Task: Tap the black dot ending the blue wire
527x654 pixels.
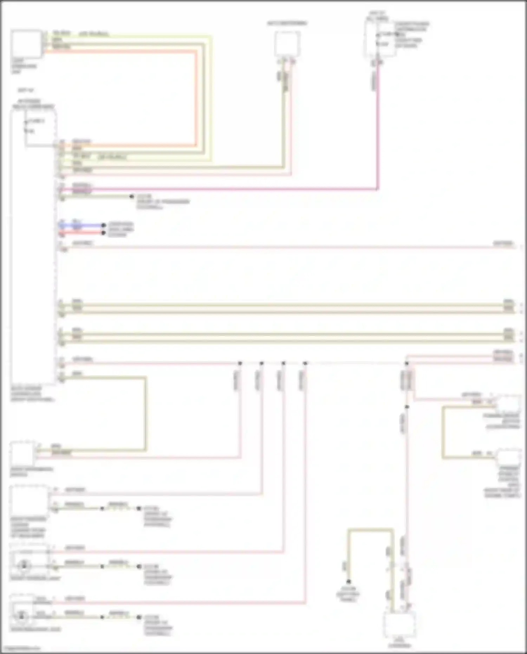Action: click(103, 225)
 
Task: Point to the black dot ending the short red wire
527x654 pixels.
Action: click(103, 233)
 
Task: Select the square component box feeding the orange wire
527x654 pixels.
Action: click(26, 44)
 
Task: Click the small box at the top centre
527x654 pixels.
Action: click(287, 44)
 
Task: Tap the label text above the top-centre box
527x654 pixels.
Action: click(287, 24)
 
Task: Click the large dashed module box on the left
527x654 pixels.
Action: click(33, 246)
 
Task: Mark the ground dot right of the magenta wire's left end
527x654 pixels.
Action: click(131, 196)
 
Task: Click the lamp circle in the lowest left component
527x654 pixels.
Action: click(22, 616)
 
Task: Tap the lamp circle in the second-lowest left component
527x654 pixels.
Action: click(24, 565)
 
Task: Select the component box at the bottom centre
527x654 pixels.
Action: click(400, 625)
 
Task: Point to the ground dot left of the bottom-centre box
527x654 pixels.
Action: click(349, 581)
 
